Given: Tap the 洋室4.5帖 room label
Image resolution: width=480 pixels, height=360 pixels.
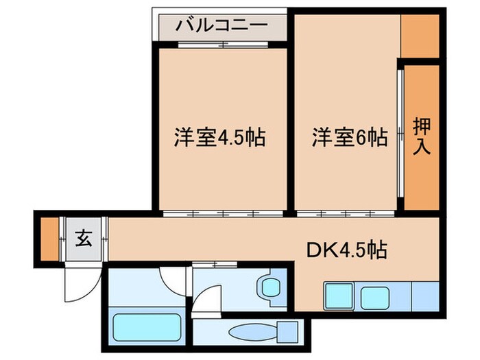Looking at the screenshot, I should point(218,137).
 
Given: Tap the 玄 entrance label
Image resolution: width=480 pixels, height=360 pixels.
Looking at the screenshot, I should point(83,240).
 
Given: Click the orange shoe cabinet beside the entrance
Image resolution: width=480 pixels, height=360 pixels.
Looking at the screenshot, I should point(49,239).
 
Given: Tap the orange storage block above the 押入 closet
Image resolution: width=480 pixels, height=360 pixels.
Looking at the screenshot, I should point(419,35).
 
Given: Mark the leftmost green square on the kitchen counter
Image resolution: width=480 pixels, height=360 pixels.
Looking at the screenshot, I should point(339,296).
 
